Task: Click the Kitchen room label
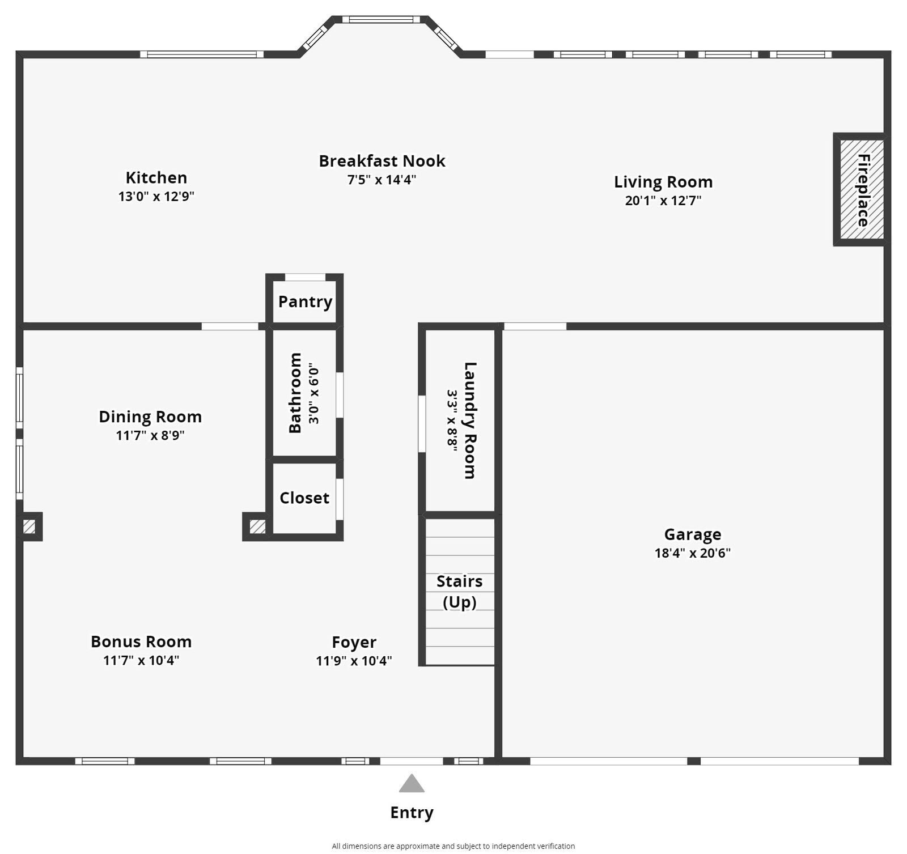click(156, 177)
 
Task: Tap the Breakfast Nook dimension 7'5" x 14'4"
click(382, 180)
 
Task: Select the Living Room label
click(663, 182)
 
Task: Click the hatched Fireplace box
click(861, 189)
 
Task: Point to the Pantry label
click(305, 301)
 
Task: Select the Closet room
click(304, 498)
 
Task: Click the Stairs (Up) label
click(459, 591)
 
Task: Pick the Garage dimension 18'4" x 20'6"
click(692, 553)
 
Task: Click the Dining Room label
click(150, 417)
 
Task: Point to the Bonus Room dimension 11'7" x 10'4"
click(141, 660)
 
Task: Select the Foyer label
click(354, 642)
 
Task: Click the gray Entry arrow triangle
click(412, 784)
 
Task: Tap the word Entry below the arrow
click(412, 812)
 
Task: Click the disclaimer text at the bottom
click(453, 846)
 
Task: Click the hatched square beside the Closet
click(257, 527)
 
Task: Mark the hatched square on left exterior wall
click(29, 527)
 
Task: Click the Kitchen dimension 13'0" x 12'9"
click(156, 197)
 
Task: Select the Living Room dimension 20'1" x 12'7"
click(663, 201)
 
